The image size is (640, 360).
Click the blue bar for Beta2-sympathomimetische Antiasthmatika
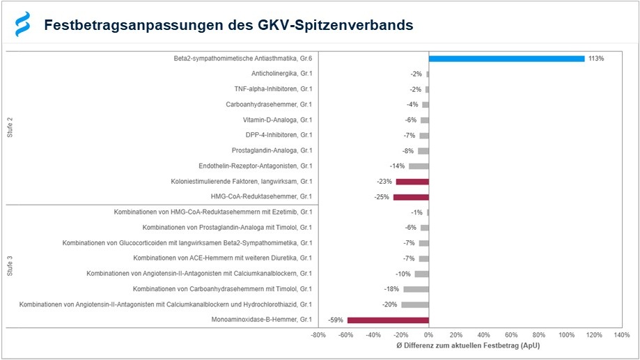pos(506,58)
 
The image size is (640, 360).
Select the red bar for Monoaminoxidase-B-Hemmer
pos(388,320)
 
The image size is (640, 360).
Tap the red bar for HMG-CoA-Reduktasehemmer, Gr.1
pos(411,197)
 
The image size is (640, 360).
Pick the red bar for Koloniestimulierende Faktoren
pos(412,182)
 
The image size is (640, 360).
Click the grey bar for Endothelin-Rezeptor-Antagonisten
pos(419,166)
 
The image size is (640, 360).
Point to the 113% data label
pos(596,58)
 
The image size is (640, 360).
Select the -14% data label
pos(398,166)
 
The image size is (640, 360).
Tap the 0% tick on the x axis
pos(429,335)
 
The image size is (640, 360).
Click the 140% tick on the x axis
pos(622,335)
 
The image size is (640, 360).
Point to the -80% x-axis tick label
pos(318,335)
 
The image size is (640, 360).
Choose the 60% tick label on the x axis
pos(512,335)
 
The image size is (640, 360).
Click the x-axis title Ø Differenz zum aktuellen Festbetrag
pos(467,346)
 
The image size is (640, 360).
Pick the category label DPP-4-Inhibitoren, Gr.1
pos(279,135)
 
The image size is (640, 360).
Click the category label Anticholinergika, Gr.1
pos(281,74)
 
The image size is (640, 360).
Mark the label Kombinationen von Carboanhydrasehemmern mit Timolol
pos(222,289)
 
